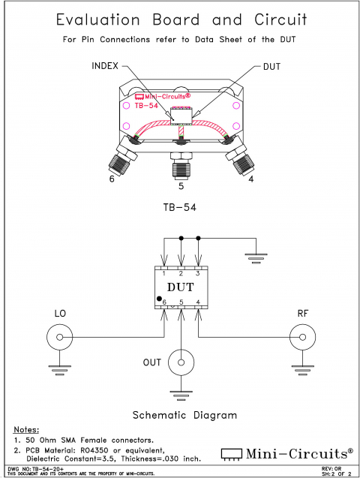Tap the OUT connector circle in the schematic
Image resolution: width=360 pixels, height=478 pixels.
tap(181, 363)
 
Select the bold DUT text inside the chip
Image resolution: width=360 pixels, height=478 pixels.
tap(181, 287)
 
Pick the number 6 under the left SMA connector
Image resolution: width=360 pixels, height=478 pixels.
tap(112, 179)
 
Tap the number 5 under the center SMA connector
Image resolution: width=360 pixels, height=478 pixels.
tap(180, 185)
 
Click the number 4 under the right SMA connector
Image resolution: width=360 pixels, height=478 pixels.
tap(250, 179)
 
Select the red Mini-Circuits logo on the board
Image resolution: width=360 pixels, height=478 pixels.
tap(161, 97)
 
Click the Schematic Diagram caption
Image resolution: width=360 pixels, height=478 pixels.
tap(184, 414)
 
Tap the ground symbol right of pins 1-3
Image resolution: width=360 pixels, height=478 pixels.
tap(256, 259)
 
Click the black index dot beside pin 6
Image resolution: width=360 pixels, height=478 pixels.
tap(158, 299)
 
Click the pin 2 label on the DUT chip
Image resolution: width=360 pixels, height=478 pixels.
tap(181, 273)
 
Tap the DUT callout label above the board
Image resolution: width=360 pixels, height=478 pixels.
tap(272, 66)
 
